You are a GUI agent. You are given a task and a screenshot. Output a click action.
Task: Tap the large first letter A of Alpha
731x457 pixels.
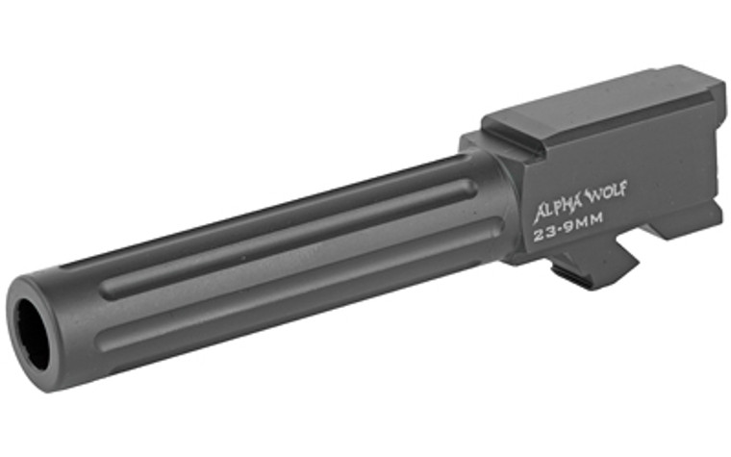tap(541, 210)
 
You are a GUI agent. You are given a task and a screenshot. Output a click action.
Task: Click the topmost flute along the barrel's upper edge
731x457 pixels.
tap(289, 208)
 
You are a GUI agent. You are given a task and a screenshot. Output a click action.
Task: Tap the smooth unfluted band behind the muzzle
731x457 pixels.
tap(77, 308)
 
